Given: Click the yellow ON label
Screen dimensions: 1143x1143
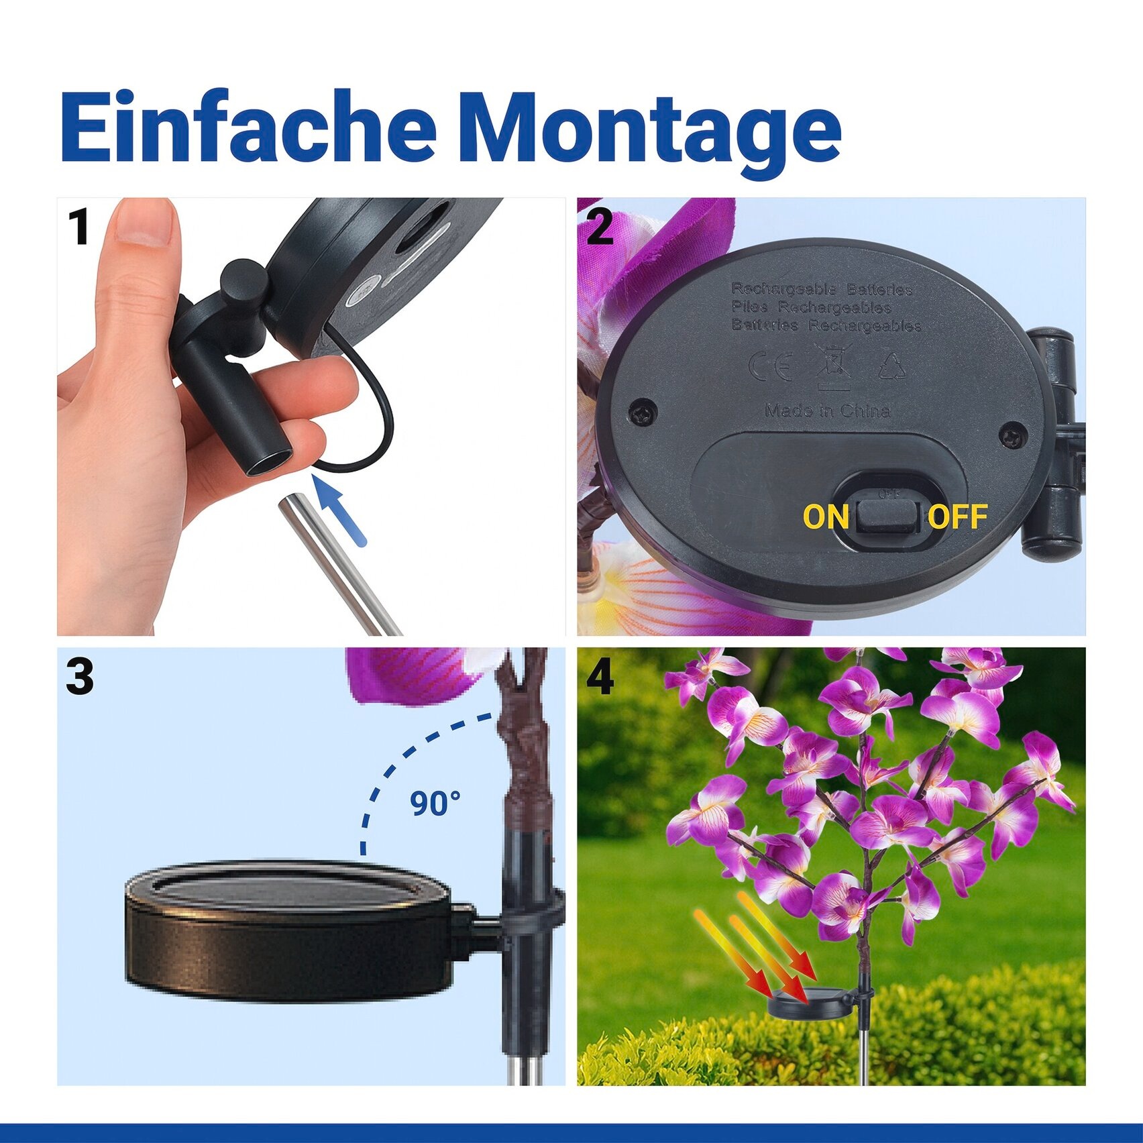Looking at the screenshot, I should click(x=826, y=517).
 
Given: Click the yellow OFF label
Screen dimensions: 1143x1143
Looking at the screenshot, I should click(x=957, y=516).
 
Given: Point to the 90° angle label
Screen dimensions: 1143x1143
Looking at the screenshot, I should click(x=435, y=803).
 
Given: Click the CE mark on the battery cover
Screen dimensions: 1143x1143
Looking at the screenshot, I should click(x=770, y=366).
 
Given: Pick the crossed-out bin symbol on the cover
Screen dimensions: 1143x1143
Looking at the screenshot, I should click(x=833, y=366).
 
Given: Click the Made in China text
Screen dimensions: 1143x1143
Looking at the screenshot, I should click(x=828, y=411).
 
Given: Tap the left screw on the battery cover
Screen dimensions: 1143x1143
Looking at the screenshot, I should click(x=643, y=412).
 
